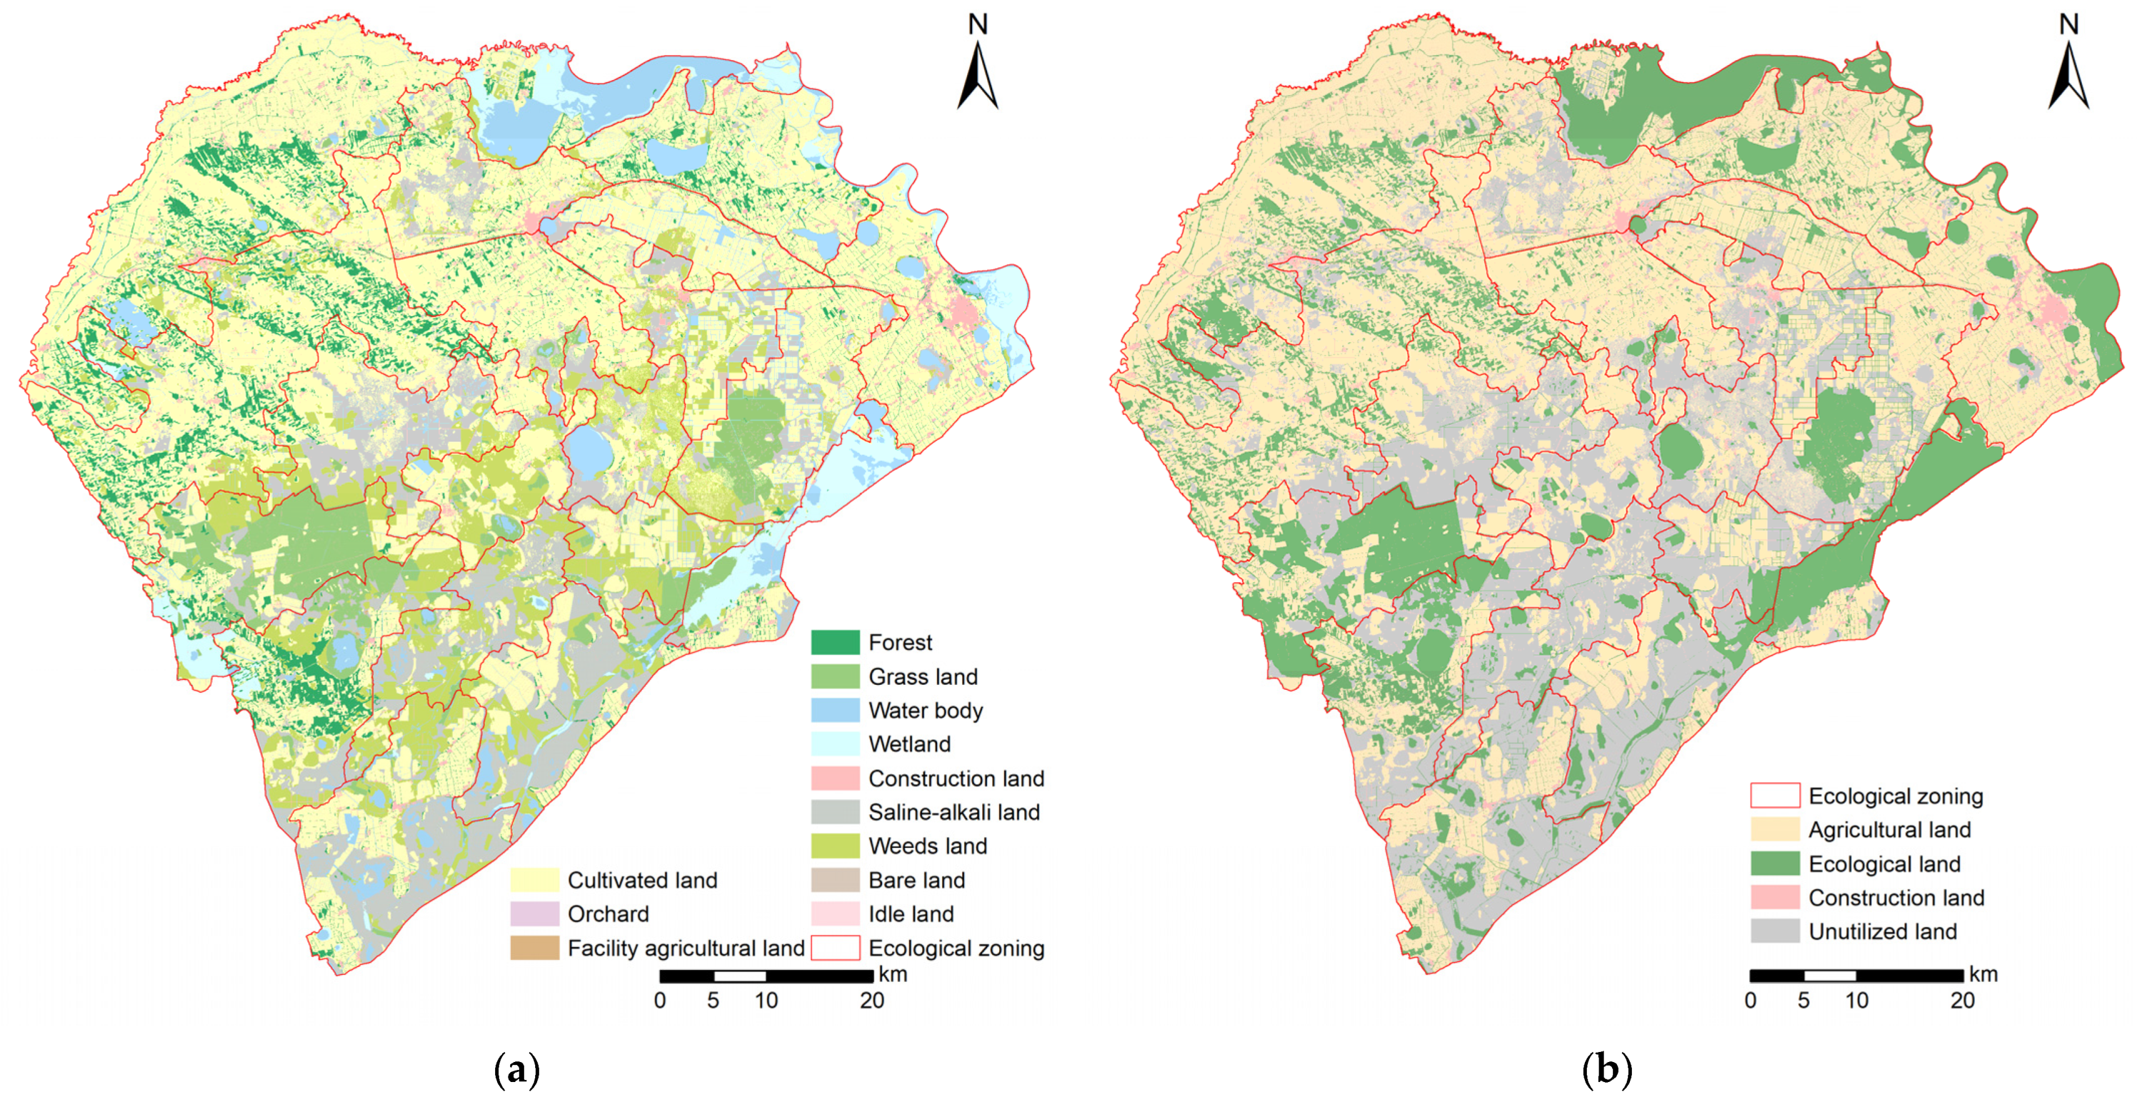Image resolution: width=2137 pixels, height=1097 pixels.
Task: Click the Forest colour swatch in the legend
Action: coord(835,642)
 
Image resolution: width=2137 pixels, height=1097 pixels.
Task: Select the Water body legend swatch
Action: coord(835,710)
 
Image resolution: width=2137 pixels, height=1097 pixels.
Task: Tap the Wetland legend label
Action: coord(909,744)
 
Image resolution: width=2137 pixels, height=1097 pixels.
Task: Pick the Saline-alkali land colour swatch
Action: coord(835,812)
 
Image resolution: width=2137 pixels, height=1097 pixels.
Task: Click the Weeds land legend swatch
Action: coord(835,846)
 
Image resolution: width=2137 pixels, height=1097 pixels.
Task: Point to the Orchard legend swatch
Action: coord(534,914)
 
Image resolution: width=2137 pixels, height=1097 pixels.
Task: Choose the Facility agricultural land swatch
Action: coord(534,948)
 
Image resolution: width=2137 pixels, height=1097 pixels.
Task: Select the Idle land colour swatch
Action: coord(835,914)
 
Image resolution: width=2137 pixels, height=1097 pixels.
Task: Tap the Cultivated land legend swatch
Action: coord(534,879)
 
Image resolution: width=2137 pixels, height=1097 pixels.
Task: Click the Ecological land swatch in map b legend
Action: coord(1774,864)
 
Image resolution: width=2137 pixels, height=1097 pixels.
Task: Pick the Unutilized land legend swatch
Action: coord(1774,931)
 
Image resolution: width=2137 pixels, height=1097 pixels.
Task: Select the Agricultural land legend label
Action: coord(1889,830)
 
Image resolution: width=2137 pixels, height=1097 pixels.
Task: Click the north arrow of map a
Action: coord(977,74)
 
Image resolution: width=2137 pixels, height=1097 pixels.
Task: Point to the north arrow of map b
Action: coord(2068,74)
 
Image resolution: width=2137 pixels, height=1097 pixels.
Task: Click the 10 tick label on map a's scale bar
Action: coord(766,1001)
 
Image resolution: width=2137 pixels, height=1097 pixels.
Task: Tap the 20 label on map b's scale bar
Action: coord(1962,1001)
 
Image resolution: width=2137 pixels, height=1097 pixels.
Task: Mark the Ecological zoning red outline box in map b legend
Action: coord(1774,796)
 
